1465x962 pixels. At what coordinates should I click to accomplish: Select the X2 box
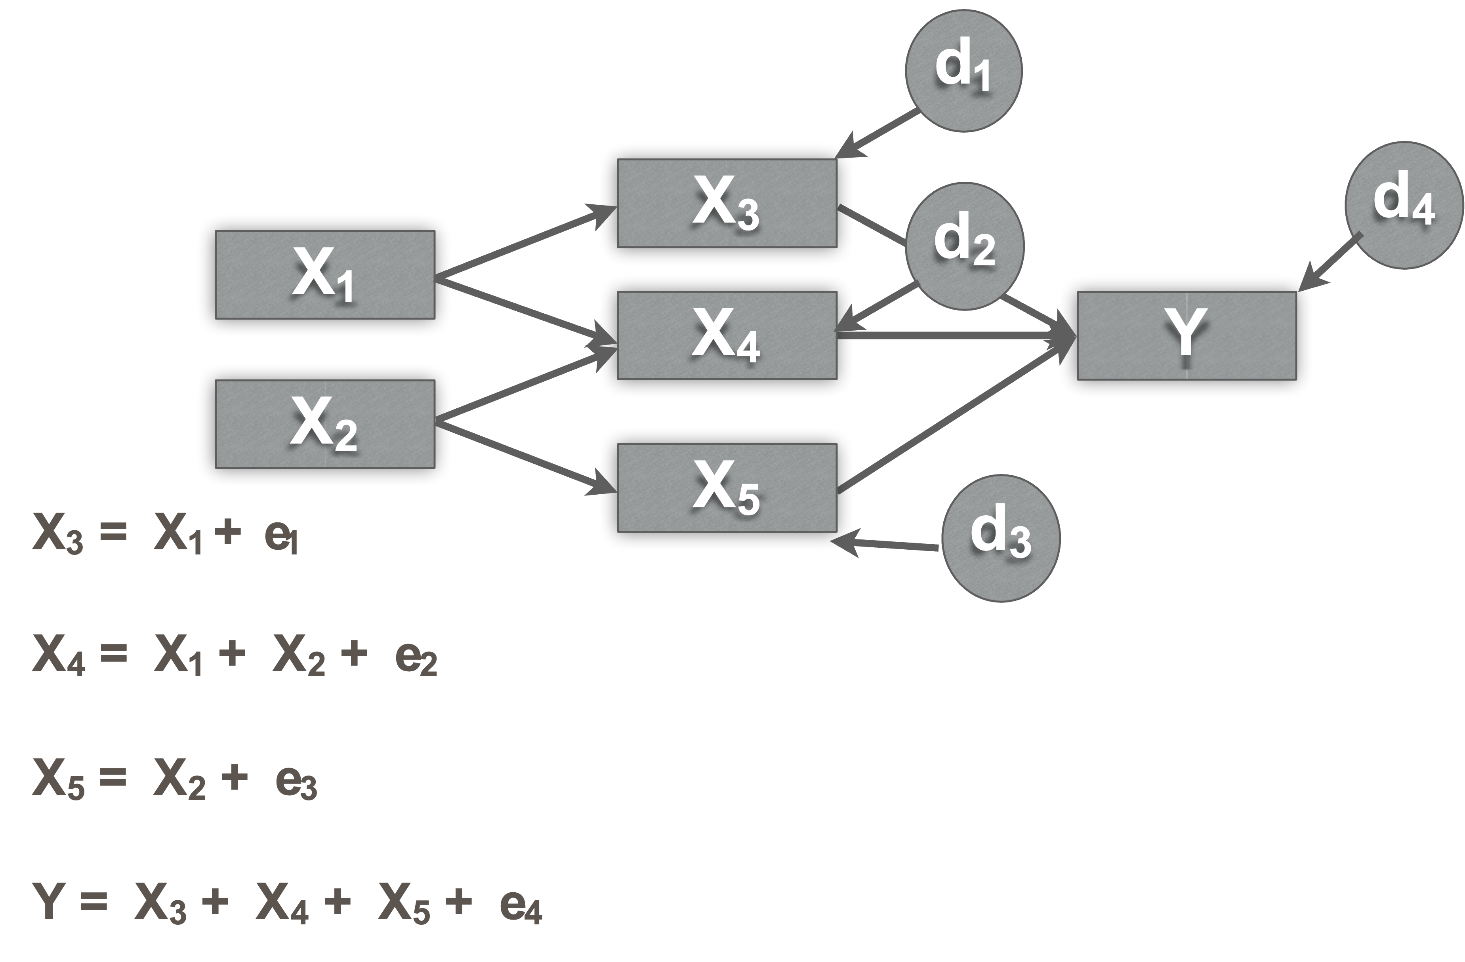pyautogui.click(x=324, y=424)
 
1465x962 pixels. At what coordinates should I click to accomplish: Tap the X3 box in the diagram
pyautogui.click(x=727, y=204)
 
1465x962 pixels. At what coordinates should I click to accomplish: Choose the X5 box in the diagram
pyautogui.click(x=727, y=488)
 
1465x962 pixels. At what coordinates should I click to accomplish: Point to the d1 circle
pyautogui.click(x=963, y=70)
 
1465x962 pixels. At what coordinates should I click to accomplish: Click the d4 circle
pyautogui.click(x=1404, y=205)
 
